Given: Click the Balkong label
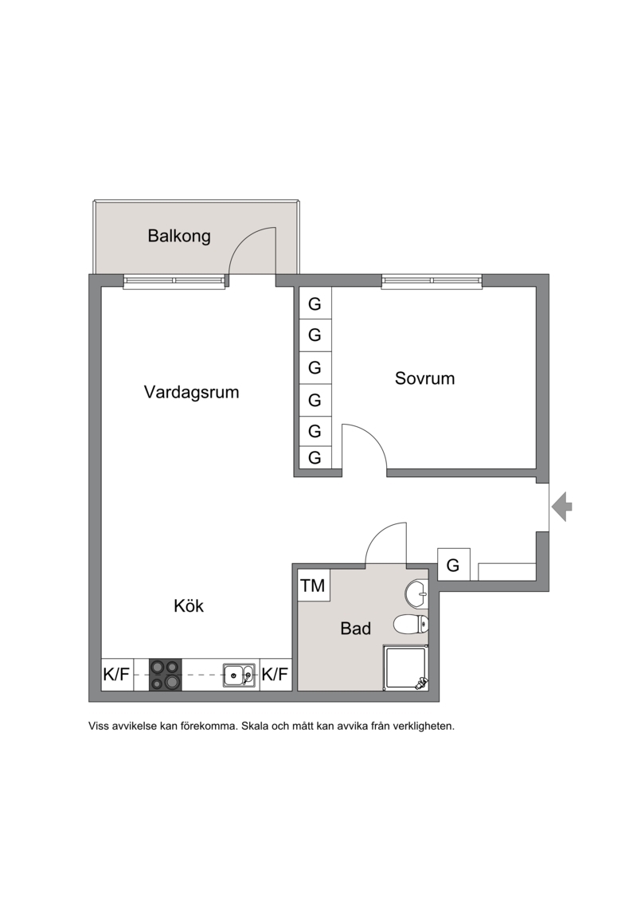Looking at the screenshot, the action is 179,236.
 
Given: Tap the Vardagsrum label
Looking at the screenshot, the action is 191,393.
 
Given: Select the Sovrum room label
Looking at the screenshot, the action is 424,378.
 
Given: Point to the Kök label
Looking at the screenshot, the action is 189,605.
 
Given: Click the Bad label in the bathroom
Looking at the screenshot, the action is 356,629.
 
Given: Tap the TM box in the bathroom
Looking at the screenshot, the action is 313,585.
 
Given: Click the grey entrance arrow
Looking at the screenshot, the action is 562,507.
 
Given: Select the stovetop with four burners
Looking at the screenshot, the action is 166,675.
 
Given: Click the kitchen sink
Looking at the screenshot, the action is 240,675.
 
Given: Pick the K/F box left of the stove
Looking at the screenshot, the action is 116,675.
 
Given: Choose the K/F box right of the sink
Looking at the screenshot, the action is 276,675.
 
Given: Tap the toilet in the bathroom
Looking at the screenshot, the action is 412,624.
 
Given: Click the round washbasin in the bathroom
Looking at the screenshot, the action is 416,593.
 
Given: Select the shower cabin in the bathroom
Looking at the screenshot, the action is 406,668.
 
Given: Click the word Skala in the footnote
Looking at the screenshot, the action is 255,726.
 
